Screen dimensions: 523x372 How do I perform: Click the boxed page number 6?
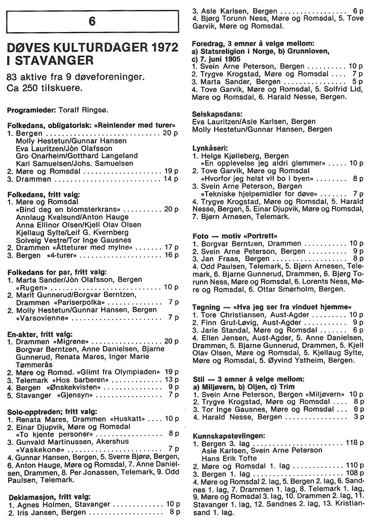(92, 21)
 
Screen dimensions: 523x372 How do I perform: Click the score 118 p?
(354, 443)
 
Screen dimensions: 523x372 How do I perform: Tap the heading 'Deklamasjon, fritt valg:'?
(52, 496)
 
